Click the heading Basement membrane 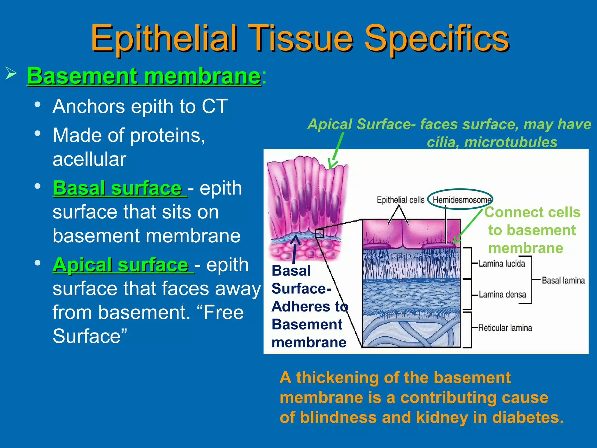pos(144,76)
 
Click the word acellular pos(89,159)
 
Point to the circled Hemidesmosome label pos(460,200)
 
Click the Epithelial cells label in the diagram pos(401,200)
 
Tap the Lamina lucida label pos(502,264)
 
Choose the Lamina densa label pos(502,295)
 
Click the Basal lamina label pos(563,281)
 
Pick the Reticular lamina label pos(505,328)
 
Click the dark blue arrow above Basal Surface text pos(295,248)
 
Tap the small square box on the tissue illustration pos(320,233)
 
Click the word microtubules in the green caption pos(510,143)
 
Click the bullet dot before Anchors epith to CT pos(37,105)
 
